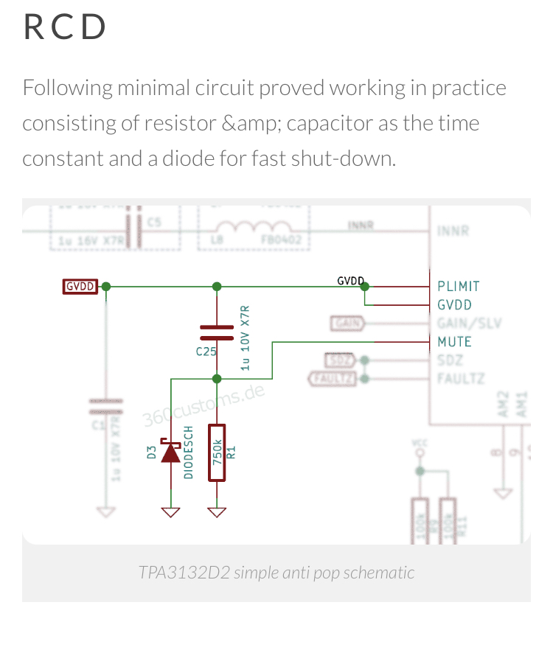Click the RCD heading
click(x=65, y=27)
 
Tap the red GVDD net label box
click(x=80, y=286)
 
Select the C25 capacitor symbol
click(x=217, y=332)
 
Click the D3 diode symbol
click(x=171, y=452)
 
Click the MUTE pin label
click(x=454, y=342)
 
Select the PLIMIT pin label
click(x=458, y=286)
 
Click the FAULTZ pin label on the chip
click(x=461, y=379)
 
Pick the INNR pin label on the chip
click(x=453, y=231)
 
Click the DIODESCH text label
click(x=189, y=452)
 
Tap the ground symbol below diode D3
click(x=171, y=511)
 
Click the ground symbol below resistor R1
click(x=217, y=511)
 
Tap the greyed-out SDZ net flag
click(x=340, y=360)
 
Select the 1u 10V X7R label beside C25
click(x=246, y=338)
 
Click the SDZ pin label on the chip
click(x=450, y=360)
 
